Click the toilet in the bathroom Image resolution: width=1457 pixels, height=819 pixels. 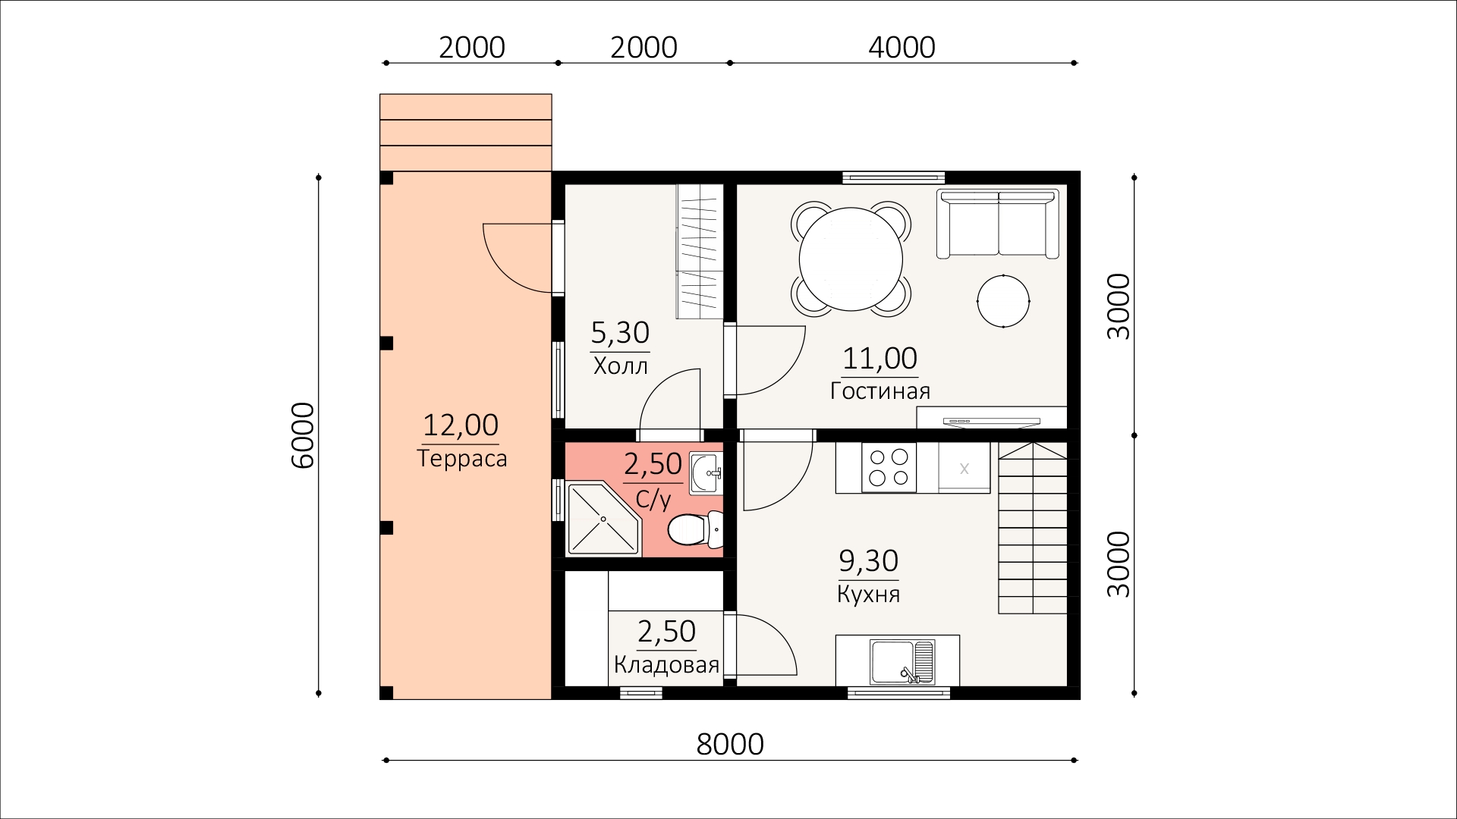695,529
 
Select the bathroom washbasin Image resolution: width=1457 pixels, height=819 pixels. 706,474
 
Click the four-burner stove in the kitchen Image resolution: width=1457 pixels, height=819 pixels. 889,467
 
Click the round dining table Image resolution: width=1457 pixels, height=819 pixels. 851,258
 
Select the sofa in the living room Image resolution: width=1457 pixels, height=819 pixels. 998,224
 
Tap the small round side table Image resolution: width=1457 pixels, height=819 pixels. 1003,301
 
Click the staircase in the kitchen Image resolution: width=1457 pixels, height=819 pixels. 1033,529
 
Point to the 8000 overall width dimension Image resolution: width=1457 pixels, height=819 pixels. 730,745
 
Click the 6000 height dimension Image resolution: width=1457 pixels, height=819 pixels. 302,435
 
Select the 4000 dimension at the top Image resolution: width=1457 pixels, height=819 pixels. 902,47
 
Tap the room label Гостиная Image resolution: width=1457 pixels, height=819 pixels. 880,391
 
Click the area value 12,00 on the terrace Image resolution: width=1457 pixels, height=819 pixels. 461,425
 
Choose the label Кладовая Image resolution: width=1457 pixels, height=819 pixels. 666,666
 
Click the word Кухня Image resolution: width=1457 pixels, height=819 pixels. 869,594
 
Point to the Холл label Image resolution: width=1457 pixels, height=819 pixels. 621,367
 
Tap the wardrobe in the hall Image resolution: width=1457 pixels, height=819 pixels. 698,252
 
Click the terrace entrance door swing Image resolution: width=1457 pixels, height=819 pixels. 518,258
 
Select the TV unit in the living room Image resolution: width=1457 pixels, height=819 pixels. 992,418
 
